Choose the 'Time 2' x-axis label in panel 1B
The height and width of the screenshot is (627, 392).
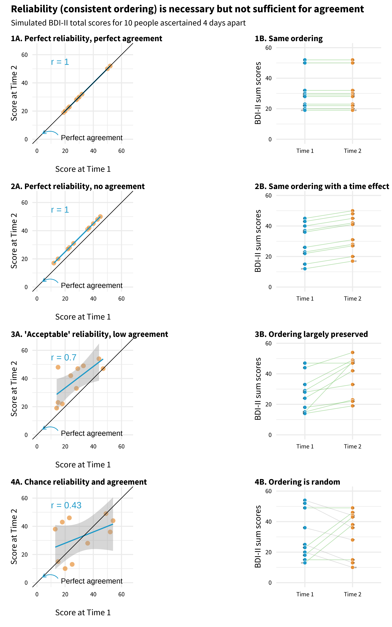point(352,151)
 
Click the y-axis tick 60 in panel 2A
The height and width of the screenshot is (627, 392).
point(25,203)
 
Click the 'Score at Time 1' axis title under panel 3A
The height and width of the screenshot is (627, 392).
point(83,465)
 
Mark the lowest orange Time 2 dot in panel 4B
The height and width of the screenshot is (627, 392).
point(352,567)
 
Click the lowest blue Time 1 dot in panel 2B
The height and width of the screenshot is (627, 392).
point(305,269)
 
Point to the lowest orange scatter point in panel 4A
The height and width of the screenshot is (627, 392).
point(65,568)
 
